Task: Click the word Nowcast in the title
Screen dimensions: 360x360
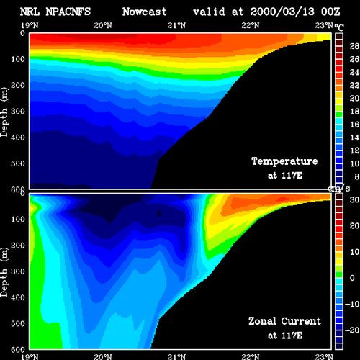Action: (145, 12)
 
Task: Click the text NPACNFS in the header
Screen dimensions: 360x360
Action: (68, 12)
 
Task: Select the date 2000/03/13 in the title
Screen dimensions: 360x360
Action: (282, 12)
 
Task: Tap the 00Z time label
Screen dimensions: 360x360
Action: (330, 12)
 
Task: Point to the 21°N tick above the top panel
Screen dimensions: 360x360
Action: (176, 25)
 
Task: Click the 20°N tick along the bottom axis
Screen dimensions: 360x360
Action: (103, 357)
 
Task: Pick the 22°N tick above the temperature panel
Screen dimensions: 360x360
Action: (251, 25)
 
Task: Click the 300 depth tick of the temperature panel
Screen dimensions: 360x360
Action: (18, 112)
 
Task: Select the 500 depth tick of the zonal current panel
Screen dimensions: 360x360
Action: (18, 323)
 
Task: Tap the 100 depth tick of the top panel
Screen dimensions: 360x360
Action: (18, 59)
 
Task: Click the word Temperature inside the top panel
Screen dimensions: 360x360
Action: (284, 161)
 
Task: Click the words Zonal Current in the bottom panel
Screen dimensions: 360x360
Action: (284, 321)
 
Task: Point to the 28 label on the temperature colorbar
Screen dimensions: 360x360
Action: (354, 46)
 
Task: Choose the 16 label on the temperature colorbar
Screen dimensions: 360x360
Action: (354, 125)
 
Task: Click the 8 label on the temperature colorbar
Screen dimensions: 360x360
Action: (357, 176)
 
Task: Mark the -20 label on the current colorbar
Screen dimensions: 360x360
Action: (352, 330)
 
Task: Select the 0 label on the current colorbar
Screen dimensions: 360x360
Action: (352, 278)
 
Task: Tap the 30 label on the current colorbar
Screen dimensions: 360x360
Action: (354, 199)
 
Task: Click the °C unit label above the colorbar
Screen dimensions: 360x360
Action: (339, 27)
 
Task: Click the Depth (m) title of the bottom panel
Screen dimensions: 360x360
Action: (4, 272)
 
